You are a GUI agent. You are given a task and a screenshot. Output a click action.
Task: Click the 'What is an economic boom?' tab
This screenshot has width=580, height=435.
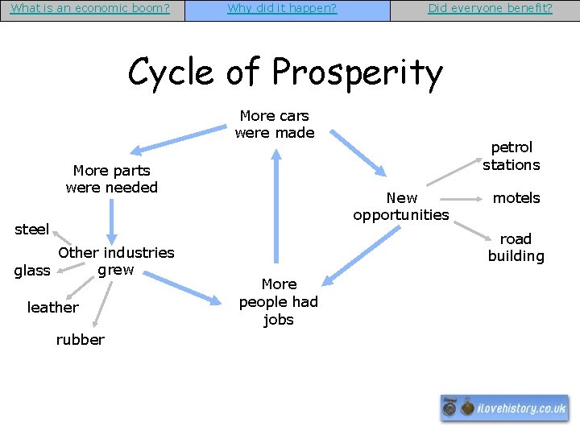pyautogui.click(x=90, y=9)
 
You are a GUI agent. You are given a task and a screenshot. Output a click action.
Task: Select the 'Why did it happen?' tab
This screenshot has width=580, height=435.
pyautogui.click(x=282, y=9)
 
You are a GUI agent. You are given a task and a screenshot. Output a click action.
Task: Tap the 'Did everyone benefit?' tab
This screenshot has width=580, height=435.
pyautogui.click(x=490, y=9)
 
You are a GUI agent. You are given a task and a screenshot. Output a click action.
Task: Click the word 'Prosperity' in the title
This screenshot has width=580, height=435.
pyautogui.click(x=358, y=72)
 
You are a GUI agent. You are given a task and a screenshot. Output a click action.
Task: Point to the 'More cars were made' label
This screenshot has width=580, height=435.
pyautogui.click(x=275, y=124)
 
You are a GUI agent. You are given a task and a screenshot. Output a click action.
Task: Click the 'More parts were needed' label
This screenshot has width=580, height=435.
pyautogui.click(x=111, y=179)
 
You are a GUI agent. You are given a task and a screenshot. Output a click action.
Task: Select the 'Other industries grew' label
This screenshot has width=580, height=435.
pyautogui.click(x=116, y=261)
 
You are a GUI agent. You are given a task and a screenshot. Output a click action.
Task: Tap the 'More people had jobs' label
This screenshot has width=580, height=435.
pyautogui.click(x=279, y=301)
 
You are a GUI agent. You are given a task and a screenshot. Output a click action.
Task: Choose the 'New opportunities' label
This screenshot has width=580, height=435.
pyautogui.click(x=401, y=206)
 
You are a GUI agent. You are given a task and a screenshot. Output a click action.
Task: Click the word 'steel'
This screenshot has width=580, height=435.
pyautogui.click(x=31, y=230)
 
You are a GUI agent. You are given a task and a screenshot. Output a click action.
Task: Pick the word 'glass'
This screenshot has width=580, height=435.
pyautogui.click(x=32, y=271)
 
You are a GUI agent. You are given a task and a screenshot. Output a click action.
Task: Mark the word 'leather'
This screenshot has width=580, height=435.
pyautogui.click(x=52, y=307)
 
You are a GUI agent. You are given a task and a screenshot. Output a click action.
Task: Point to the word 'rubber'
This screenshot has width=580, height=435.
pyautogui.click(x=80, y=339)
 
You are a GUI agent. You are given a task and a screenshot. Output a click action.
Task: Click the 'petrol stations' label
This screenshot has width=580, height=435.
pyautogui.click(x=512, y=156)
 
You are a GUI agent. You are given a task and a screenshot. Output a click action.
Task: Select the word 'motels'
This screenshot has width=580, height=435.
pyautogui.click(x=516, y=197)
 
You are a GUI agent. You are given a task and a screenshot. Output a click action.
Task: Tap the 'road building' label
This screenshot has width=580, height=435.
pyautogui.click(x=516, y=247)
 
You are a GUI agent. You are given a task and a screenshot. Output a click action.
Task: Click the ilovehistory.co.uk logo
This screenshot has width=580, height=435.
pyautogui.click(x=504, y=408)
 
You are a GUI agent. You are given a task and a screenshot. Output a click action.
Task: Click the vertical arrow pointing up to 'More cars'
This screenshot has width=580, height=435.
pyautogui.click(x=276, y=209)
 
